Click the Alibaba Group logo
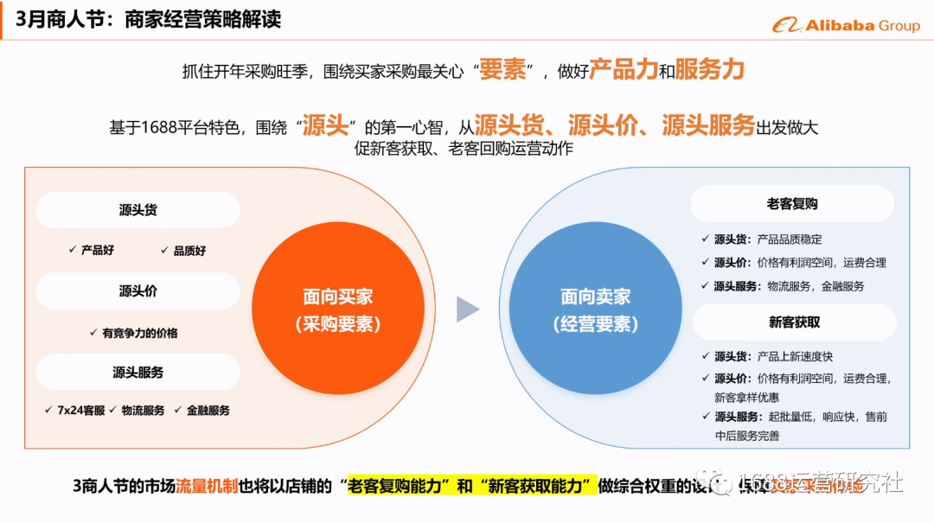pyautogui.click(x=846, y=25)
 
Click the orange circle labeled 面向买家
pyautogui.click(x=337, y=309)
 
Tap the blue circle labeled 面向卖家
pyautogui.click(x=596, y=309)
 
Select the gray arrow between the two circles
pyautogui.click(x=467, y=309)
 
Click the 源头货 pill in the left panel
pyautogui.click(x=138, y=210)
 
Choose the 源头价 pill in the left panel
pyautogui.click(x=138, y=291)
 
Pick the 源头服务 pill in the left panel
pyautogui.click(x=138, y=373)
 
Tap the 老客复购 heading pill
pyautogui.click(x=792, y=204)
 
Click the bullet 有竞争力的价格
pyautogui.click(x=139, y=333)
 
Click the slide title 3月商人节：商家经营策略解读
pyautogui.click(x=148, y=19)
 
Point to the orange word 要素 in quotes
pyautogui.click(x=502, y=70)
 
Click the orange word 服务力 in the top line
pyautogui.click(x=709, y=70)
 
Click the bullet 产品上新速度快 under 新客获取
pyautogui.click(x=795, y=356)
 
